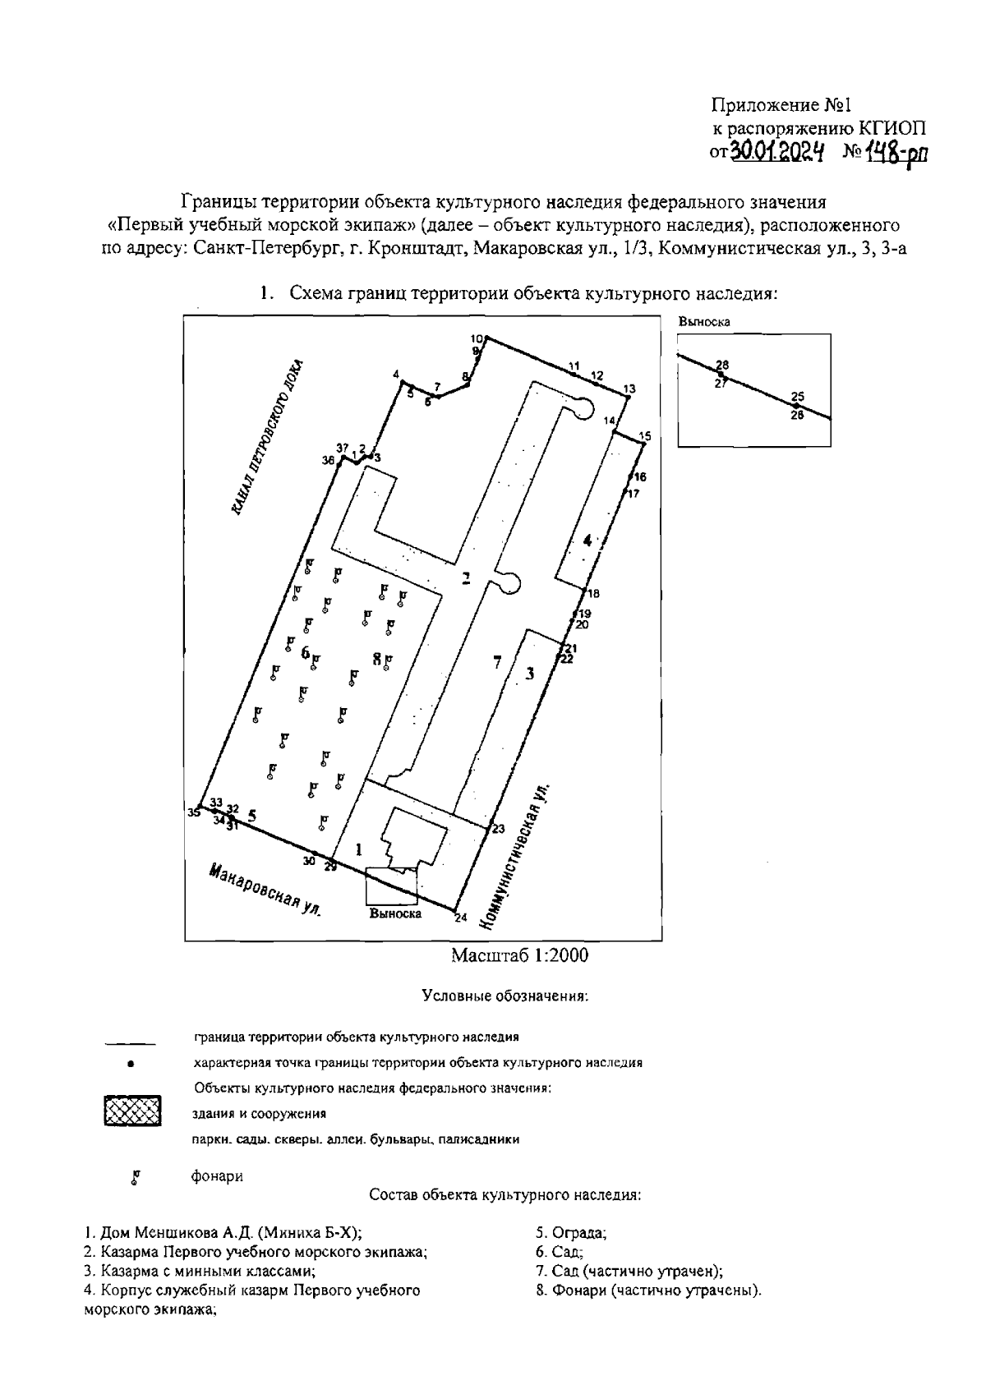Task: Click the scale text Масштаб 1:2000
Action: [x=519, y=955]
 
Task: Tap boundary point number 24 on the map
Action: [x=454, y=910]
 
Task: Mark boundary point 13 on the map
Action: [x=627, y=398]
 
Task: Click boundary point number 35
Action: [x=200, y=810]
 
